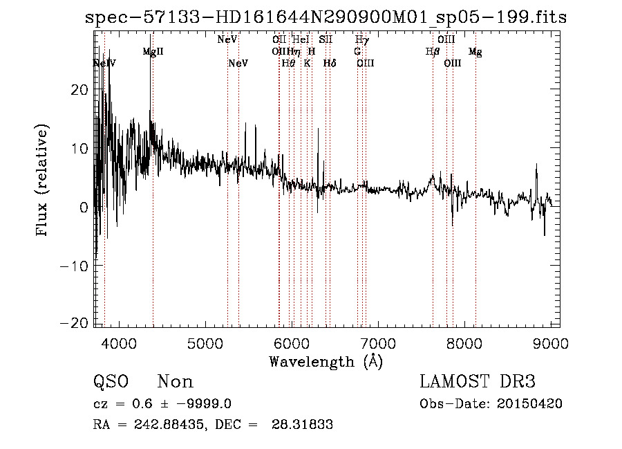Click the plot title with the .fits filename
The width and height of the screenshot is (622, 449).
pyautogui.click(x=326, y=18)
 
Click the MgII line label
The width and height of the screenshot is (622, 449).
pyautogui.click(x=153, y=52)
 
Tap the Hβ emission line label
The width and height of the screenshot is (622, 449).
pyautogui.click(x=433, y=52)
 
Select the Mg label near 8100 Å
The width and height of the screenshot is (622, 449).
pyautogui.click(x=475, y=52)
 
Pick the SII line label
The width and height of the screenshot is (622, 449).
pyautogui.click(x=326, y=40)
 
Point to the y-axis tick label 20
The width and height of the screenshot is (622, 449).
pyautogui.click(x=79, y=90)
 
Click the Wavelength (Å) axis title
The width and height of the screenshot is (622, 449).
pyautogui.click(x=326, y=361)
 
